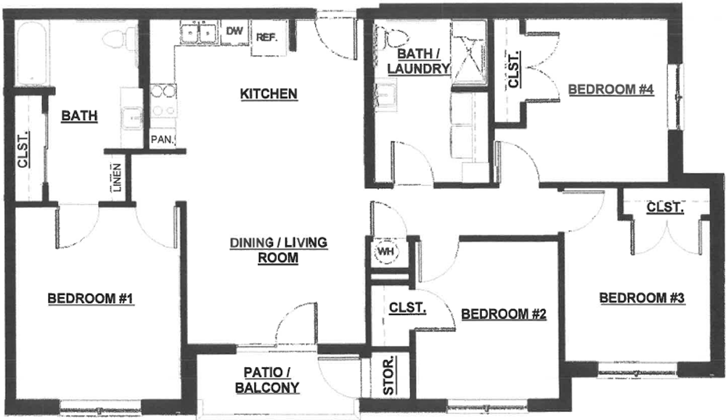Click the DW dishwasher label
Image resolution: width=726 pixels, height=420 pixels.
(x=234, y=31)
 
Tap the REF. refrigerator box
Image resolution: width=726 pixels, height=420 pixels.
(x=269, y=39)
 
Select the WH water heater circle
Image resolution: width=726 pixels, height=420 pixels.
(x=386, y=251)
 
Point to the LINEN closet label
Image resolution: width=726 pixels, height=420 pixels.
(x=117, y=177)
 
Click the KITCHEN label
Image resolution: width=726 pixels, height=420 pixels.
(x=269, y=94)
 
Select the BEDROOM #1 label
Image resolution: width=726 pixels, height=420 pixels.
(x=91, y=299)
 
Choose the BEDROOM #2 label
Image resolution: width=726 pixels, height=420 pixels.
(x=504, y=315)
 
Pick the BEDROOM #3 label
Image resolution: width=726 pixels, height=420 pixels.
(x=642, y=298)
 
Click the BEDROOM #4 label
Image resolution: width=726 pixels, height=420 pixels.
(x=611, y=89)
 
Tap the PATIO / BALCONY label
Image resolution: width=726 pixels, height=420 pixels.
(x=267, y=380)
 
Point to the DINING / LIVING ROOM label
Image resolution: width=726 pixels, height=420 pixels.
(x=279, y=251)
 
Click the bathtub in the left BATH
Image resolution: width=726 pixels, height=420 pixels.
(x=31, y=52)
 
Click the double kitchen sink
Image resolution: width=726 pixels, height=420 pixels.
(x=200, y=33)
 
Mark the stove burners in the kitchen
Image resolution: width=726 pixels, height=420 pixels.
(x=163, y=100)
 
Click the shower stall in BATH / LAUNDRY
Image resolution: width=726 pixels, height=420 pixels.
(x=469, y=52)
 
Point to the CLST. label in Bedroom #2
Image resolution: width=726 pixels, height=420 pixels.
(x=407, y=307)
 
